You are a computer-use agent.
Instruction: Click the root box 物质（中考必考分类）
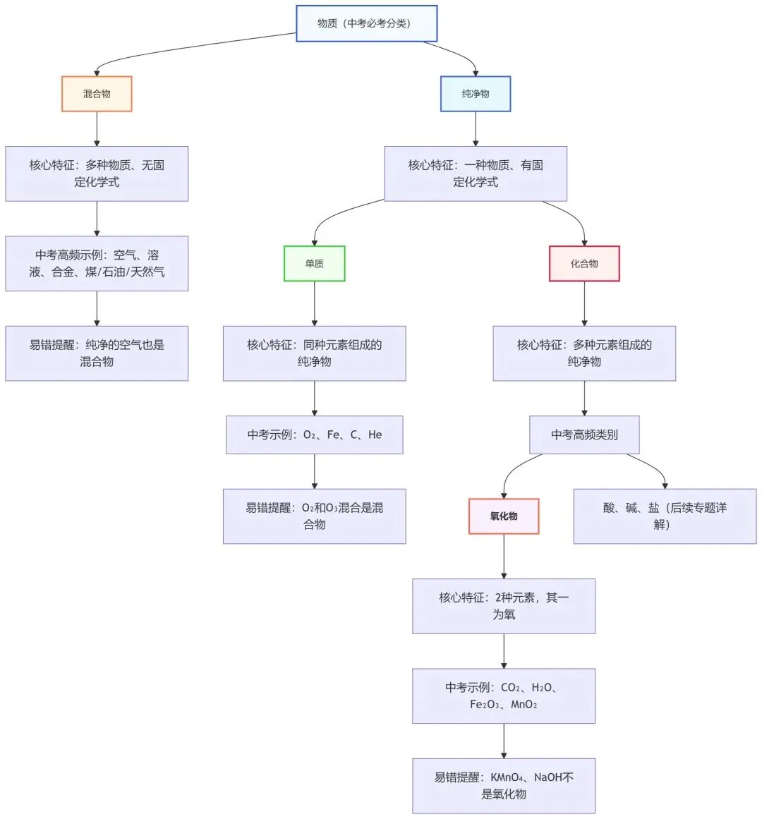(366, 23)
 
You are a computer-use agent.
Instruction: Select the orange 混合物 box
(97, 94)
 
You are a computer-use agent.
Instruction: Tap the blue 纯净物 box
(476, 94)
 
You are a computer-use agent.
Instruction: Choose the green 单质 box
(315, 264)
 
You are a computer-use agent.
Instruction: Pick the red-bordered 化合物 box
(584, 264)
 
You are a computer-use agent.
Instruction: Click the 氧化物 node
(504, 516)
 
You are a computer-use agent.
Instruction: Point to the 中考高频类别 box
(584, 435)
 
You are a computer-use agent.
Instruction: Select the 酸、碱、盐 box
(665, 516)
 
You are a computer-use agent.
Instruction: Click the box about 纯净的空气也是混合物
(97, 353)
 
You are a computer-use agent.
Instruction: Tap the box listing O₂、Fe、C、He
(315, 435)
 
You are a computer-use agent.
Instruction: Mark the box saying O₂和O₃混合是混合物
(315, 516)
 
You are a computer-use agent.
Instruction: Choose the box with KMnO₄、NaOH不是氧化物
(504, 786)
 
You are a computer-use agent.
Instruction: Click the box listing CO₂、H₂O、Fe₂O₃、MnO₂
(504, 696)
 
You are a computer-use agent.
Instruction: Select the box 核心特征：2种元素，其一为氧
(504, 606)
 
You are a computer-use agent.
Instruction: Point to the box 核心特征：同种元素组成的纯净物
(315, 353)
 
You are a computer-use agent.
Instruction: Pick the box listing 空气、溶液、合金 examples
(97, 264)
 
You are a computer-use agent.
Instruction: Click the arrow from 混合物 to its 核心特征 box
(97, 129)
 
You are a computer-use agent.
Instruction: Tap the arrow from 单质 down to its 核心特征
(315, 303)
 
